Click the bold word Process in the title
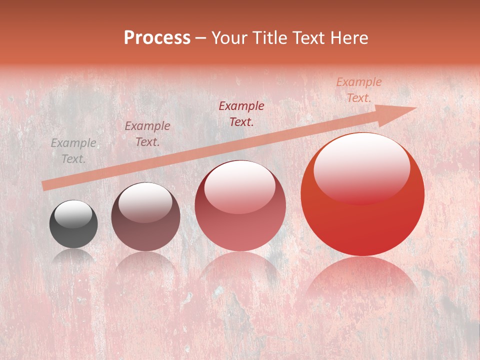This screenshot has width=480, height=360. click(x=157, y=38)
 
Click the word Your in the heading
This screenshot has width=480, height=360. click(x=231, y=38)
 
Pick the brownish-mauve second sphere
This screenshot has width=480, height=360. click(x=145, y=217)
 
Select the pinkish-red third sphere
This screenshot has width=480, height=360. click(x=240, y=205)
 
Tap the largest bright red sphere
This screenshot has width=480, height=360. click(x=362, y=194)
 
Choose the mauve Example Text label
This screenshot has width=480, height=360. click(x=147, y=134)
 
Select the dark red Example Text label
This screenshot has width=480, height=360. click(x=241, y=114)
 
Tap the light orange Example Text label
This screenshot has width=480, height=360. click(x=359, y=90)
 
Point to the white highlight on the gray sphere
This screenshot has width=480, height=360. click(x=73, y=214)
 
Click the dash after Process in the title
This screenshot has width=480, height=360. click(x=201, y=38)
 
